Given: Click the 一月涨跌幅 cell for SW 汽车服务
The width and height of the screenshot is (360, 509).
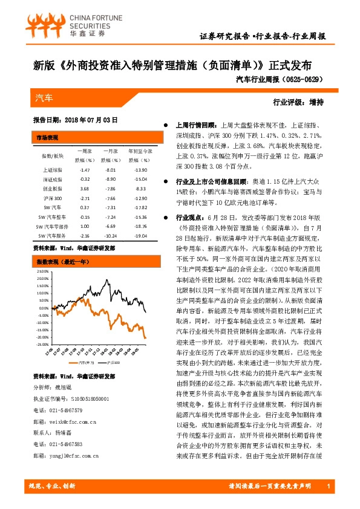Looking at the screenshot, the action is (110, 235).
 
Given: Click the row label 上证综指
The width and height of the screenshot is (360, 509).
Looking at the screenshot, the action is (51, 170).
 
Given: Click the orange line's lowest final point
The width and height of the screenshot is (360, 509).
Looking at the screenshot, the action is (146, 338).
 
